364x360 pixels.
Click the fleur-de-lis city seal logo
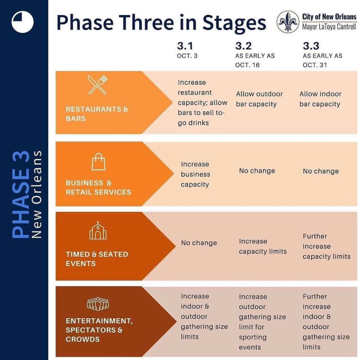click(288, 22)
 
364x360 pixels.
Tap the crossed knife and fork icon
click(98, 85)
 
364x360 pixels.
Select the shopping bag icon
click(99, 162)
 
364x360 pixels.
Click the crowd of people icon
click(98, 304)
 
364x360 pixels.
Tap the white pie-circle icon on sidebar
click(22, 22)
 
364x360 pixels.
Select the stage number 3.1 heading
click(185, 46)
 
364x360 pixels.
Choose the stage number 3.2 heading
click(243, 46)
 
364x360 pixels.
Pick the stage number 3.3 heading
click(311, 46)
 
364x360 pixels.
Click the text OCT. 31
click(315, 65)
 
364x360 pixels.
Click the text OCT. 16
click(247, 65)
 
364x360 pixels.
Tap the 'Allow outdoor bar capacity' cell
click(259, 99)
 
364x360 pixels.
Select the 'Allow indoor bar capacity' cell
click(320, 99)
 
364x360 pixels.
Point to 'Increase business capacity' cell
click(196, 174)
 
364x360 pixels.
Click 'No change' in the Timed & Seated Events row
click(199, 243)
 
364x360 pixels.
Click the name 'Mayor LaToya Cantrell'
click(329, 27)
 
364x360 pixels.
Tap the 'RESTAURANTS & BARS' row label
click(97, 114)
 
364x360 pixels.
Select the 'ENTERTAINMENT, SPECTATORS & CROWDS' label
click(99, 330)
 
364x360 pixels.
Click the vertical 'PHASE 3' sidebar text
click(21, 194)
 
